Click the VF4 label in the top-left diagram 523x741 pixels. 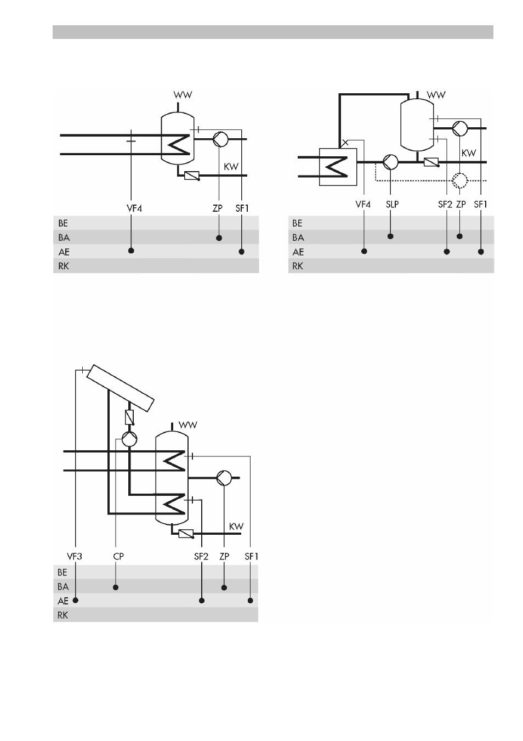click(134, 208)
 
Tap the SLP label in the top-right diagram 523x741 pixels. click(393, 205)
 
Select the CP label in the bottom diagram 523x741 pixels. click(118, 556)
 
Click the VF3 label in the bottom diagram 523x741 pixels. click(75, 556)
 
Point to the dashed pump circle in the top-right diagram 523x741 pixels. click(460, 181)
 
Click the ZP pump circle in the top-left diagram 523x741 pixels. click(220, 139)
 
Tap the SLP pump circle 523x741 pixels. click(390, 162)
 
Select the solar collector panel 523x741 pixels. click(121, 388)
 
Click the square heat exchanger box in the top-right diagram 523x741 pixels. click(338, 167)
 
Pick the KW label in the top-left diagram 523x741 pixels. click(231, 166)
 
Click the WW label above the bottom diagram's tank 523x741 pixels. click(188, 425)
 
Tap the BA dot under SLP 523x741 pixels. click(390, 236)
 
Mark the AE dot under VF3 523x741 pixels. click(75, 601)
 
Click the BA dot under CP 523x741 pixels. click(115, 587)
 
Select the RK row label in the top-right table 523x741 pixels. click(298, 266)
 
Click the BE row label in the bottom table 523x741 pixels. click(62, 572)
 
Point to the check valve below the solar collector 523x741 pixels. click(129, 417)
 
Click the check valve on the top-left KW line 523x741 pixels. click(192, 176)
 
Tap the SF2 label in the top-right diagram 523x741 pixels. click(445, 205)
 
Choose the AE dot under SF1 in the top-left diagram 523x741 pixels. click(242, 252)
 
